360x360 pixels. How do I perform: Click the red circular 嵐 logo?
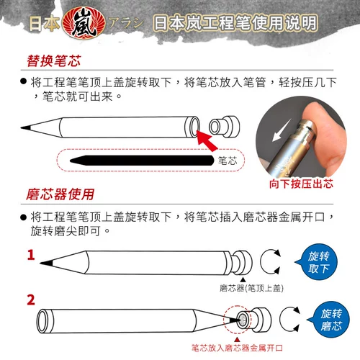point(84,23)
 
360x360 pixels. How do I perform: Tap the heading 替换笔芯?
point(54,61)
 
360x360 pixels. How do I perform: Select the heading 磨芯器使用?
point(60,194)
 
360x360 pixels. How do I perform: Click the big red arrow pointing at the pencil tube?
point(207,141)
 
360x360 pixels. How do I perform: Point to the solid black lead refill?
point(142,161)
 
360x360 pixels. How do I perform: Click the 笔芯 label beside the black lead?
point(228,161)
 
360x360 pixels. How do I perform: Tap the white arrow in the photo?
point(282,130)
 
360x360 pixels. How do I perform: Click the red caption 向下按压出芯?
point(301,184)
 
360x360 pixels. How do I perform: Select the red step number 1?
point(31,255)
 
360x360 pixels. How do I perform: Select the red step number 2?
point(31,300)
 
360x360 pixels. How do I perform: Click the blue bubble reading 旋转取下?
point(317,262)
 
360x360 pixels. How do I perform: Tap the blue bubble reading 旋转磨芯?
point(329,320)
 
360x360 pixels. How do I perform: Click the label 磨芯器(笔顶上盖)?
point(251,288)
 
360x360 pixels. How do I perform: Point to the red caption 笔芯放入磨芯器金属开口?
point(237,348)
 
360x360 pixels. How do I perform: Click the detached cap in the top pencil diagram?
point(224,127)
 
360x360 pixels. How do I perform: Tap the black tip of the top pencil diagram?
point(26,127)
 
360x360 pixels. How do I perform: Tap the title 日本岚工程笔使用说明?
point(235,23)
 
